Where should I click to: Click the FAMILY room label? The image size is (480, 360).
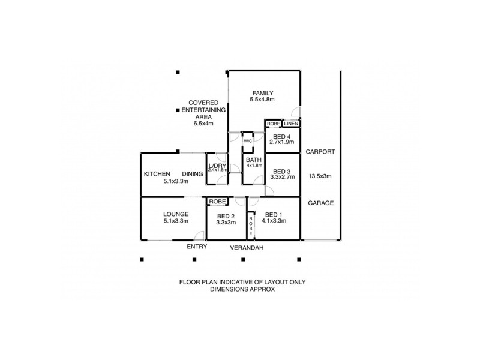pos(263,93)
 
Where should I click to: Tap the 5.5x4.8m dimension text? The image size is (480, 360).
pos(263,100)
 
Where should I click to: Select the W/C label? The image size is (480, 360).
pos(248,141)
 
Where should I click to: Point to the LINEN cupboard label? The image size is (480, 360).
pos(291,124)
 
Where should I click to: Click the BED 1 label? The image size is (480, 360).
pos(273,214)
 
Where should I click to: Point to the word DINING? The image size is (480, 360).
pos(193,174)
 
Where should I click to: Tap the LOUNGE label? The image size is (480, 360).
pos(176,214)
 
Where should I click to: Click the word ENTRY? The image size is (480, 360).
pos(197,247)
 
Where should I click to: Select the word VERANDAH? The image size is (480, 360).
pos(247,247)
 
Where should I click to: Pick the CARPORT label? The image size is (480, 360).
pos(320,152)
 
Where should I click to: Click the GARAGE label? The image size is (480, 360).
pos(320,203)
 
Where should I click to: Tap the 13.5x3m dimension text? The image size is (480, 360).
pos(320,176)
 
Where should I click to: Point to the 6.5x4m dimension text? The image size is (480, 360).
pos(203,124)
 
